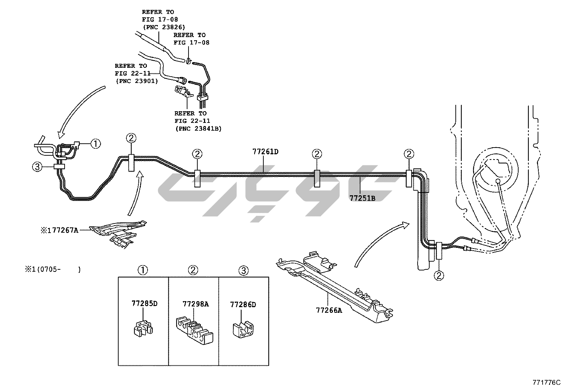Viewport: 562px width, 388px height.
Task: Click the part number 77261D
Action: coord(265,152)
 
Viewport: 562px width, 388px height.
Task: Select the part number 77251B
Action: coord(363,198)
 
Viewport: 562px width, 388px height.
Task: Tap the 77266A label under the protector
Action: coord(329,310)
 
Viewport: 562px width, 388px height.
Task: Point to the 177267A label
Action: coord(59,231)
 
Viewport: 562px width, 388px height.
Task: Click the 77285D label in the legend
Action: coord(144,303)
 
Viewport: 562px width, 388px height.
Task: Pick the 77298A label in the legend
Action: coord(196,304)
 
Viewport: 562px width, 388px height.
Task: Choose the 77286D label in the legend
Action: coord(243,304)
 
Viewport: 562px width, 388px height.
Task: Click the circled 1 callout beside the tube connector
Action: coord(96,143)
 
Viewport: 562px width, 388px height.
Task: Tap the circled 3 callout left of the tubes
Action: coord(37,167)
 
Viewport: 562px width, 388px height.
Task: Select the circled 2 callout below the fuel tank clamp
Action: coord(439,275)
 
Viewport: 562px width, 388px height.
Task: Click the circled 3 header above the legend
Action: coord(243,271)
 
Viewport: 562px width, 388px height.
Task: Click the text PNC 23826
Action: coord(164,27)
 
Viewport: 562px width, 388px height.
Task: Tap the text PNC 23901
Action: coord(137,81)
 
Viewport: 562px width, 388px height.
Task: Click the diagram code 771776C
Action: coord(546,382)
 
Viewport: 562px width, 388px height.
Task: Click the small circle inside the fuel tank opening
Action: coord(498,181)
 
